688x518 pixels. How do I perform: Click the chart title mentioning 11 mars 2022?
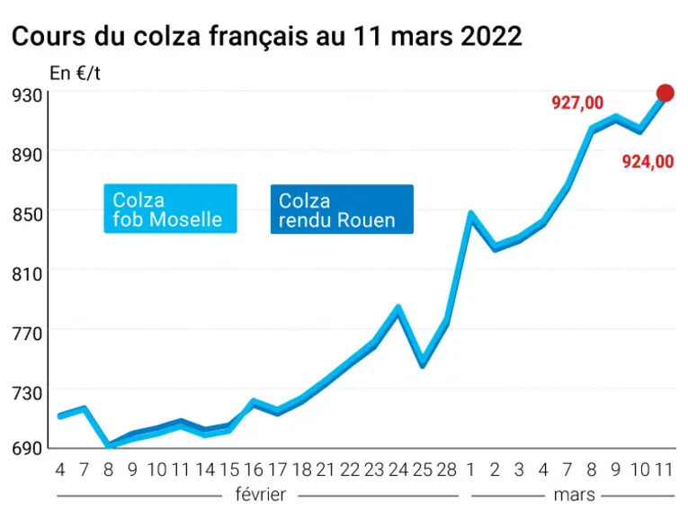tap(267, 36)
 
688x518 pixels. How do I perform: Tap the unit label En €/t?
tap(75, 73)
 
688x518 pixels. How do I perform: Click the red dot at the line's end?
tap(666, 93)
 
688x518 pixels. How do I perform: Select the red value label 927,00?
tap(577, 103)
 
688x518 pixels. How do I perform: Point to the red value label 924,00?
tap(648, 162)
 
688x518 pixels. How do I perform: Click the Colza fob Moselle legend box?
tap(170, 209)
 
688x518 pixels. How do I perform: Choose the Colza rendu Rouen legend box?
tap(342, 210)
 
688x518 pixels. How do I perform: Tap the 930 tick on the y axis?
tap(27, 94)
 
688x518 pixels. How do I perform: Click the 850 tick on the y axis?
tap(27, 214)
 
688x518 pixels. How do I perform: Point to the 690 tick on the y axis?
tap(27, 448)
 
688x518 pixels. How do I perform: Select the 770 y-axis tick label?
tap(27, 334)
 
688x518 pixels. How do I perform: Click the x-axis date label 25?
tap(423, 469)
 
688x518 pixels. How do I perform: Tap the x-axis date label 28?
tap(447, 469)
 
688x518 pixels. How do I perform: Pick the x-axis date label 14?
tap(205, 469)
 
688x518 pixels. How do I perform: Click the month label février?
tap(261, 495)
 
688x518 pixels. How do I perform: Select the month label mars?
tap(575, 495)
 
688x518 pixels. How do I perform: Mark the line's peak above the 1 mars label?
tap(470, 214)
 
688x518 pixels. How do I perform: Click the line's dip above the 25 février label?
tap(423, 365)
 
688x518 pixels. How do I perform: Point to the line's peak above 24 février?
tap(398, 308)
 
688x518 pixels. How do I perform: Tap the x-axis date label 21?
tap(326, 469)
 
